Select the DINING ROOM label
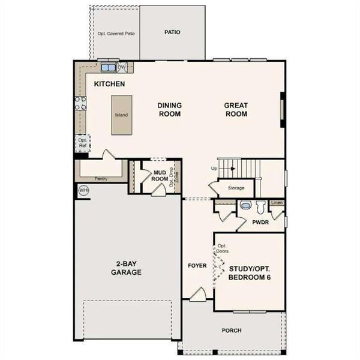coord(170,109)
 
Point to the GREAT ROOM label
coord(236,109)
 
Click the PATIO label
coord(173,32)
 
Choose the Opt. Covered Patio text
coord(116,34)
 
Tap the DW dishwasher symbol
coord(122,67)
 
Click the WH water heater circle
coord(83,190)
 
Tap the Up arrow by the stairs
coord(214,169)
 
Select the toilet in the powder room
coord(260,208)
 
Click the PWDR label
coord(260,221)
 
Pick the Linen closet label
coord(276,203)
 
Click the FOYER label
coord(197,265)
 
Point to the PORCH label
coord(231,329)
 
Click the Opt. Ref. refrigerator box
coord(83,142)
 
